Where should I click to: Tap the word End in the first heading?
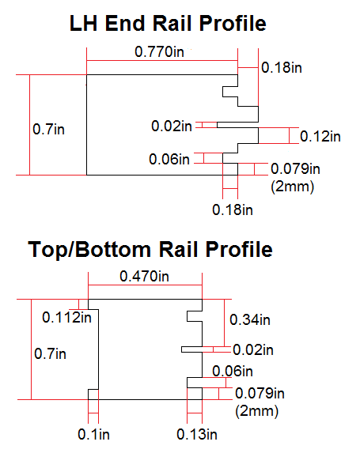tap(125, 23)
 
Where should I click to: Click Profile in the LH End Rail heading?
tap(233, 23)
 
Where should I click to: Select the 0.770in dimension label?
tap(159, 51)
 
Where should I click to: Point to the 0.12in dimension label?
tap(320, 136)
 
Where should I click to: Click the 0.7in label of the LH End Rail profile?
tap(48, 129)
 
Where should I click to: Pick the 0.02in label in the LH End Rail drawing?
tap(172, 126)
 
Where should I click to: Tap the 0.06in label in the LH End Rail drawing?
tap(169, 159)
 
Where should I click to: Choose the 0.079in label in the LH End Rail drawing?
tap(295, 168)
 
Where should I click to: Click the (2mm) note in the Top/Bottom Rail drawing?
tap(257, 411)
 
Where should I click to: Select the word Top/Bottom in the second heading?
tap(89, 249)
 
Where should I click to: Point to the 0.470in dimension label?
tap(144, 277)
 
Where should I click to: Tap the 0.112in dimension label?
tap(66, 318)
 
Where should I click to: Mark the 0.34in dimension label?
tap(250, 320)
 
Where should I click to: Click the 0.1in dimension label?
tap(93, 434)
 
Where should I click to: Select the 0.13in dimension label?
tap(197, 434)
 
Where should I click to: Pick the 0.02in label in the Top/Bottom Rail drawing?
tap(253, 350)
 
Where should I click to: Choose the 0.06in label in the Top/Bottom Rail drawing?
tap(233, 371)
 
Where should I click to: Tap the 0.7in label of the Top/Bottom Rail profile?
tap(50, 353)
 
